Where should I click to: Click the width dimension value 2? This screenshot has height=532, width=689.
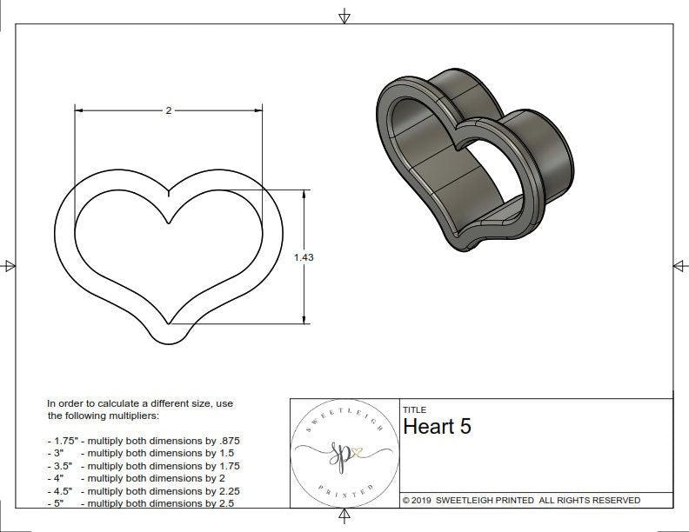point(168,110)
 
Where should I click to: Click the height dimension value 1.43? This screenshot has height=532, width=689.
point(304,257)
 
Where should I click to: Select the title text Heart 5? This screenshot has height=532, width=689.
point(437,427)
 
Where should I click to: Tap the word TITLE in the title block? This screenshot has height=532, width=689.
point(415,409)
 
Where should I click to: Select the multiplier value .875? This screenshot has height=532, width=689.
point(228,441)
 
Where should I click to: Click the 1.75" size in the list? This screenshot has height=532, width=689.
point(61,441)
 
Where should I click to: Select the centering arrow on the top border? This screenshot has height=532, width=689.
point(344,16)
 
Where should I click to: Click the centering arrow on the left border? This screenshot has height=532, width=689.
point(9,265)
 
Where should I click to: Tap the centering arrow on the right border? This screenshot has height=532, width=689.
point(679,265)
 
